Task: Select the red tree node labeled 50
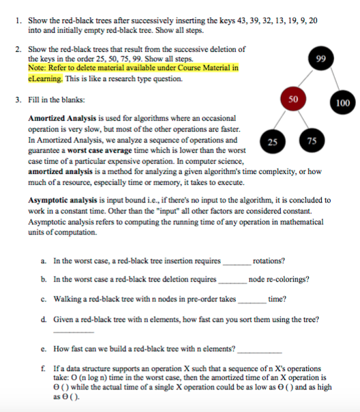[x=293, y=100]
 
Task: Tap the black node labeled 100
[x=342, y=103]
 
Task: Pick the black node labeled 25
[x=272, y=141]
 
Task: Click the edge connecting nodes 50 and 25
[x=282, y=121]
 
